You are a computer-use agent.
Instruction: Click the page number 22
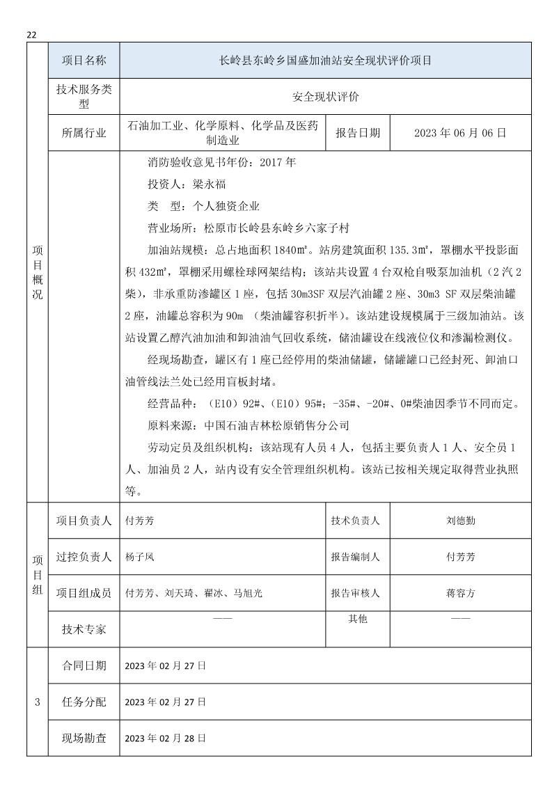[31, 35]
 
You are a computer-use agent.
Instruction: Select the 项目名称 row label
[84, 61]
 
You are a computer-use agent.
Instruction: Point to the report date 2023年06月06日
[459, 132]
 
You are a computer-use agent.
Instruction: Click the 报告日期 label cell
[358, 132]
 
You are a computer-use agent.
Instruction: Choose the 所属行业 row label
[84, 133]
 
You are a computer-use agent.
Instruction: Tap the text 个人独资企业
[223, 206]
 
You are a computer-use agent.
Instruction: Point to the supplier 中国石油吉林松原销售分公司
[276, 425]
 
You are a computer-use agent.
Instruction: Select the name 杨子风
[139, 557]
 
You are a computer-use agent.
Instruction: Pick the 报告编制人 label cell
[358, 557]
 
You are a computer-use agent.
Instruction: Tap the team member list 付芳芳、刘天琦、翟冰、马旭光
[194, 594]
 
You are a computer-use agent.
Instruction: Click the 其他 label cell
[358, 619]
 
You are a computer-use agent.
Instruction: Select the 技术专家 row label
[84, 629]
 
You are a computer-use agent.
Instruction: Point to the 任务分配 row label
[84, 702]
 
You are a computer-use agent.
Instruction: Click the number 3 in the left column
[37, 702]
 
